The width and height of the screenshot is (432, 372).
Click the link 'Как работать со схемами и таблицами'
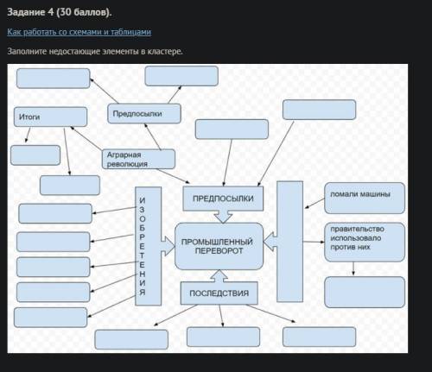click(79, 32)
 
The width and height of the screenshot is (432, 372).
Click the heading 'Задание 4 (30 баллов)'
click(59, 12)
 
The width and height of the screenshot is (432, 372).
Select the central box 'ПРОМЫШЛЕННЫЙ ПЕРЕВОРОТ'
click(219, 246)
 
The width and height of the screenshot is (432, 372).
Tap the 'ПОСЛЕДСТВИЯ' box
click(219, 293)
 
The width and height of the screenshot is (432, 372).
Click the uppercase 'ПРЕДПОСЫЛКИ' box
click(223, 199)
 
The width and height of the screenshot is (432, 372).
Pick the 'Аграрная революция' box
click(138, 159)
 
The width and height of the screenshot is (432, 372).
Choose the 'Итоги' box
click(50, 117)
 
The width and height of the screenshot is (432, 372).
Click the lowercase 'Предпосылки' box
click(144, 114)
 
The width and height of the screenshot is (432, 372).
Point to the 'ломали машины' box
click(365, 198)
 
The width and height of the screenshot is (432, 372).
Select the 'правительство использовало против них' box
click(365, 242)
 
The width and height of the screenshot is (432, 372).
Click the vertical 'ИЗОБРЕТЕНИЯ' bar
click(148, 246)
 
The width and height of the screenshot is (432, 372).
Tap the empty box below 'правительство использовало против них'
click(365, 292)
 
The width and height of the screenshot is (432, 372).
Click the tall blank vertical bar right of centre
click(289, 242)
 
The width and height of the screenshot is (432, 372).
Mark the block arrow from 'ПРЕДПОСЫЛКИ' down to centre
click(223, 217)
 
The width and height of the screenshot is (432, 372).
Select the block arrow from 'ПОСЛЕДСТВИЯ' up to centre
click(219, 276)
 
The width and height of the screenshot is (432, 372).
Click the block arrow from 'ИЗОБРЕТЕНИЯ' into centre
click(168, 246)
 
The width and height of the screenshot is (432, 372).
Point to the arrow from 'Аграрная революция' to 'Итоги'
click(86, 138)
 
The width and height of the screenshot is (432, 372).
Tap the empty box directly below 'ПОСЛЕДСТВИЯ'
click(223, 337)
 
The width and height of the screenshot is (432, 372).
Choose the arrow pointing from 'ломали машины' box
click(314, 203)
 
